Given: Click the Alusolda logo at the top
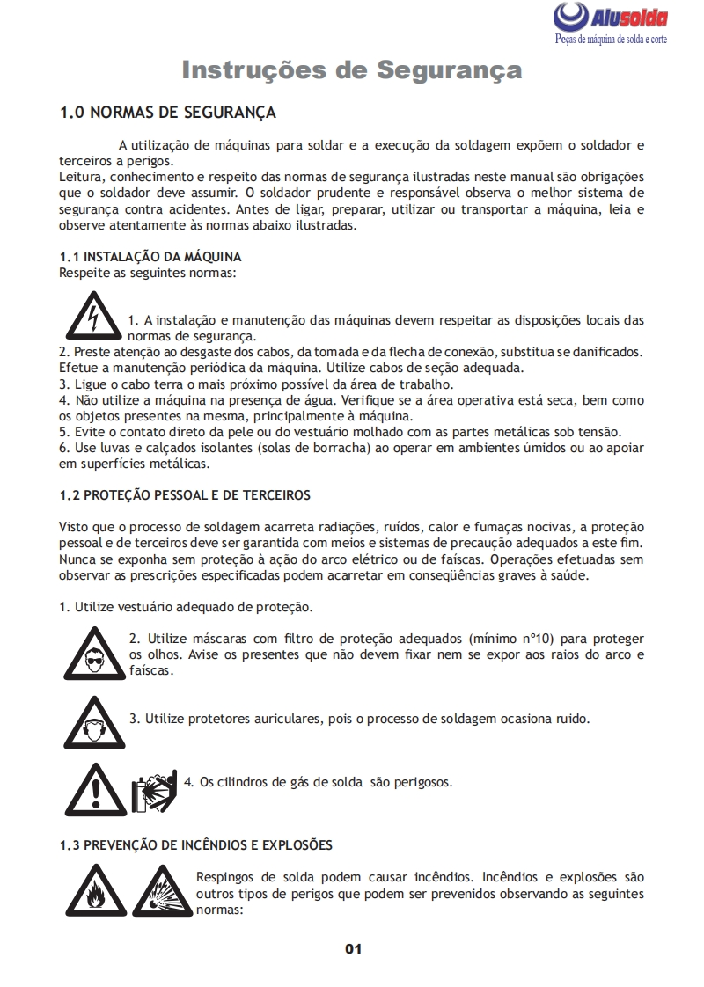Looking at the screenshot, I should pyautogui.click(x=611, y=18).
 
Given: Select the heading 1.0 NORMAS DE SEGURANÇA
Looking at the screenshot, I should pyautogui.click(x=167, y=113).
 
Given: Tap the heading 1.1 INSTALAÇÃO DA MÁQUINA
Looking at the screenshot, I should pyautogui.click(x=150, y=257).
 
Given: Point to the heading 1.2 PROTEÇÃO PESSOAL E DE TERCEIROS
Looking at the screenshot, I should pyautogui.click(x=185, y=495).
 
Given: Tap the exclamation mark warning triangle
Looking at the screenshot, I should pyautogui.click(x=95, y=787).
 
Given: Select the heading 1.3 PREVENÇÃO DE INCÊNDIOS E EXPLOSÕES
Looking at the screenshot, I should pyautogui.click(x=196, y=845).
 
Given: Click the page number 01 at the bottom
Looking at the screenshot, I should pyautogui.click(x=353, y=948).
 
